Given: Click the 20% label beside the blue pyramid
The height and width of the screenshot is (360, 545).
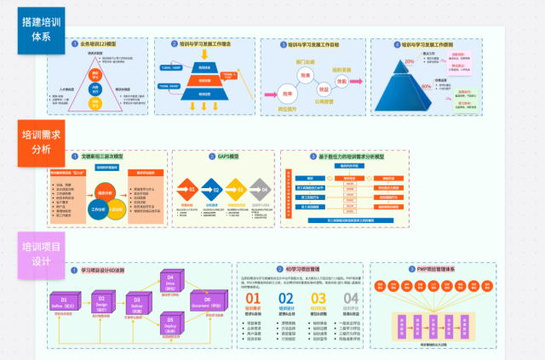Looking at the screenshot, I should (x=410, y=61).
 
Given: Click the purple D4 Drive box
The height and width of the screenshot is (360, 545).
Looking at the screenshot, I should (x=169, y=282).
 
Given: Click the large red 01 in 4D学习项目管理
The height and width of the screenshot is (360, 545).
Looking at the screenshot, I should (x=254, y=299).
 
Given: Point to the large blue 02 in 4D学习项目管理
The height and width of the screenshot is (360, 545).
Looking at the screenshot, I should (x=286, y=299).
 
